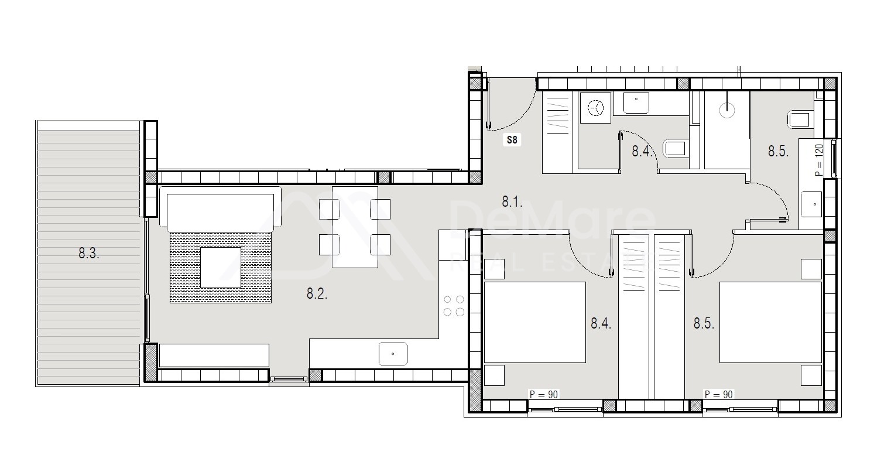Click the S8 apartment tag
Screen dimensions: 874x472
(x=512, y=140)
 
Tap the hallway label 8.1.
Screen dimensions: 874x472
(x=512, y=202)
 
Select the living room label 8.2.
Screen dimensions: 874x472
(x=317, y=293)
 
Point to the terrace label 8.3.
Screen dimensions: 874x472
(x=89, y=254)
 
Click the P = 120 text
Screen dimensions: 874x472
(x=819, y=160)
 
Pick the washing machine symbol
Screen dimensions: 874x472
(x=595, y=108)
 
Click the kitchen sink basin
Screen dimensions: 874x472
(x=393, y=354)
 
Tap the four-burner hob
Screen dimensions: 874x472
(x=454, y=306)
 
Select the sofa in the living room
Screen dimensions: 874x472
(x=221, y=209)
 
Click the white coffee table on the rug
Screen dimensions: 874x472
(x=221, y=268)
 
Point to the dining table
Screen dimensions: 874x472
(x=355, y=227)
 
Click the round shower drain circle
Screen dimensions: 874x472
(x=727, y=110)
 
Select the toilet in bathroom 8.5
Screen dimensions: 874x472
(x=800, y=120)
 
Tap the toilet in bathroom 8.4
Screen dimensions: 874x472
(x=676, y=149)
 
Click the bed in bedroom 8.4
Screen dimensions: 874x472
(x=535, y=322)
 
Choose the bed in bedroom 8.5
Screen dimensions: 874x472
(x=770, y=322)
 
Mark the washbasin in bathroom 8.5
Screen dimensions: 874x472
(x=811, y=204)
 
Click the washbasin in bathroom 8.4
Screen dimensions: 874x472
(x=636, y=103)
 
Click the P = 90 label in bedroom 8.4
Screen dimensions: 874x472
(x=543, y=395)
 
